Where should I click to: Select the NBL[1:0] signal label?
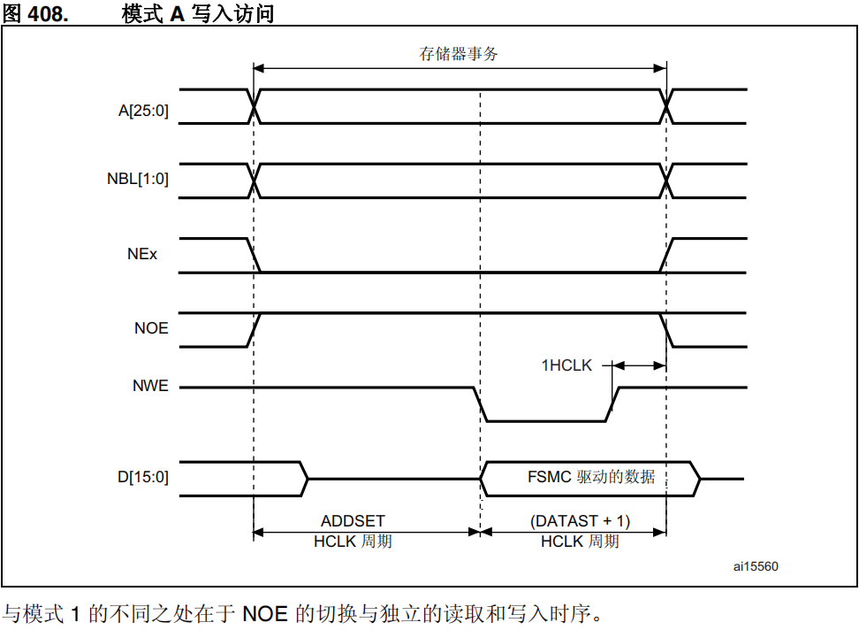(x=138, y=179)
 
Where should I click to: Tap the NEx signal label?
(x=142, y=254)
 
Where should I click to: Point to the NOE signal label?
(x=151, y=328)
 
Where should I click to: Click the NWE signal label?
(x=150, y=387)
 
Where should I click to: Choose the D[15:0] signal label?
(x=143, y=477)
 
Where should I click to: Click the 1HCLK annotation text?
(x=566, y=365)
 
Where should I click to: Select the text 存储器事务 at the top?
(x=458, y=54)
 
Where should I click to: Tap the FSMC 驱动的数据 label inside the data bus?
(x=591, y=477)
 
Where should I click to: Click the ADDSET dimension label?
(x=353, y=521)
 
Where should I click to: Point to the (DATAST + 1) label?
(x=580, y=521)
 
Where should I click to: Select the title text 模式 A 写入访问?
(x=198, y=13)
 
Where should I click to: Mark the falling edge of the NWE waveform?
(x=481, y=404)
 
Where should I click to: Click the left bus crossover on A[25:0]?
(x=255, y=106)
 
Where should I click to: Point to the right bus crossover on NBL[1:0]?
(x=665, y=181)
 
